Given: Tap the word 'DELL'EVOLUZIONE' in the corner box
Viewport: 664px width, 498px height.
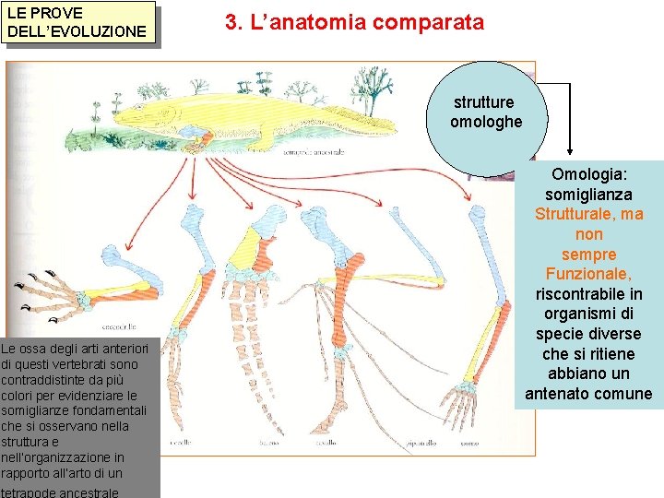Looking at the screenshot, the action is coord(77,31).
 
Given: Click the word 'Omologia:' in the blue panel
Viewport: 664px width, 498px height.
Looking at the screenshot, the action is coord(588,174).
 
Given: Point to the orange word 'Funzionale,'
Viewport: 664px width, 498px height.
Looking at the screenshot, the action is coord(588,274).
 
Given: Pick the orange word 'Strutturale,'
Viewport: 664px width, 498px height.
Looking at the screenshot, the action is coord(588,214).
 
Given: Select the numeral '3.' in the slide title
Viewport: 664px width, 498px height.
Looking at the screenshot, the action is coord(233,22).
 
